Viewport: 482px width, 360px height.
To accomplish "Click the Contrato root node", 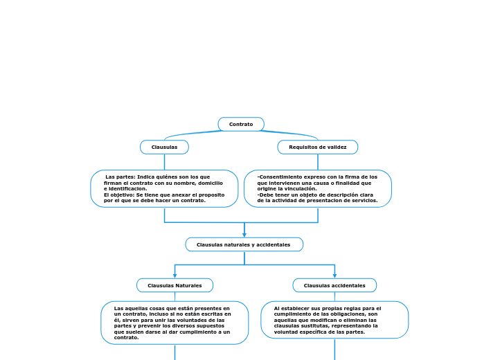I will pos(241,124).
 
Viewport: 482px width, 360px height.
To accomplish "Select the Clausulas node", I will pos(164,147).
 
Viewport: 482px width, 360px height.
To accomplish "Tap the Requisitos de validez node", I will pos(318,147).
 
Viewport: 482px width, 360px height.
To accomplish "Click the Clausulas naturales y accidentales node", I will pos(244,244).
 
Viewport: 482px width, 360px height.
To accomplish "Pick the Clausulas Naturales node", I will pos(175,285).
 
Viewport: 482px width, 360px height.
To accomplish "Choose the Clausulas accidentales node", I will pos(334,285).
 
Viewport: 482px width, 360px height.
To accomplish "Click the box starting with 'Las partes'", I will pos(164,188).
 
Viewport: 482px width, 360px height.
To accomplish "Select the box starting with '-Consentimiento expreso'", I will pos(318,188).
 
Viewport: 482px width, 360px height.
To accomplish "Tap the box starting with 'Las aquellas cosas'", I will pos(175,323).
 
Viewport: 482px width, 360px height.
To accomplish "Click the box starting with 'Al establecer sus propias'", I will pos(334,320).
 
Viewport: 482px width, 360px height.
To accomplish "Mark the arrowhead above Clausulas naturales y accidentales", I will pos(244,235).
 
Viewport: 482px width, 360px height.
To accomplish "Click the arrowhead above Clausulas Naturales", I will pos(175,276).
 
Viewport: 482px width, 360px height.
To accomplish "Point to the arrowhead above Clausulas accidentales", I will pos(334,276).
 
